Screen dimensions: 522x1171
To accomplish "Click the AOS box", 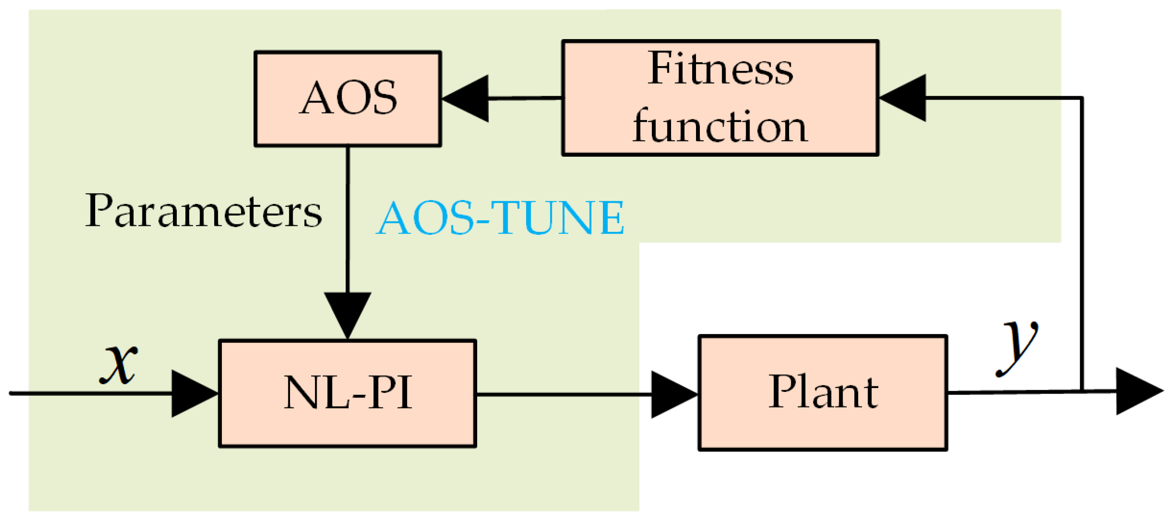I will coord(347,99).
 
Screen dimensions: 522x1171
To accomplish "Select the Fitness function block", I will coord(720,98).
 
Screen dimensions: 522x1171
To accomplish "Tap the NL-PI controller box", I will coord(347,394).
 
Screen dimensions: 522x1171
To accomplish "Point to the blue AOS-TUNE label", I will coord(500,218).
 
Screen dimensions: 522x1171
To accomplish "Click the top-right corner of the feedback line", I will coord(1081,98).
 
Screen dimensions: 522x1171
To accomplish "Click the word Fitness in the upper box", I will coord(720,70).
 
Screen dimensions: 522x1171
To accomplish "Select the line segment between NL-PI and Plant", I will coord(564,394).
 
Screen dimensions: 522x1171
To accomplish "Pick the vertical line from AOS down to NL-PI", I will coord(348,218).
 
